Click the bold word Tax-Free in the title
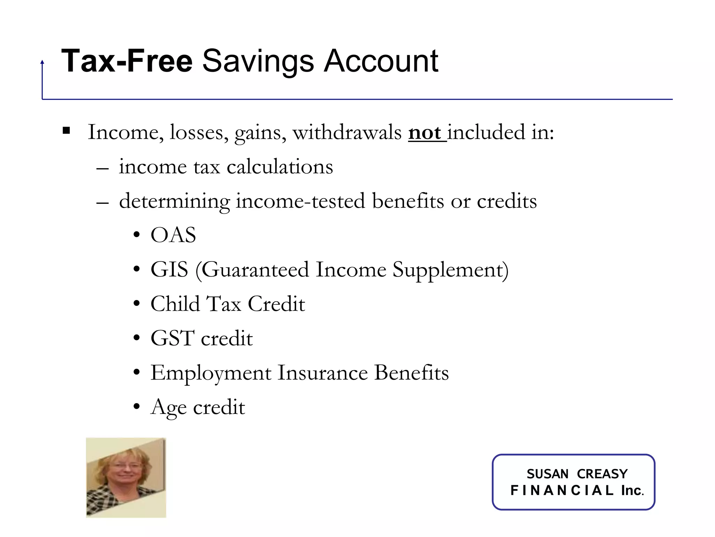click(x=127, y=61)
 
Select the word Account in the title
click(x=381, y=61)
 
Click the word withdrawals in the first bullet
click(x=347, y=133)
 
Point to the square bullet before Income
click(x=66, y=131)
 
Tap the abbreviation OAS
click(x=173, y=235)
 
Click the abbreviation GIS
click(x=169, y=270)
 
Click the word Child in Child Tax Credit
click(x=175, y=303)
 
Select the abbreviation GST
click(x=172, y=338)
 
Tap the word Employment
click(x=211, y=373)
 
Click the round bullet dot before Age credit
click(x=137, y=407)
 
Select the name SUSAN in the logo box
click(x=547, y=474)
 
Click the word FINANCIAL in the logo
click(x=562, y=491)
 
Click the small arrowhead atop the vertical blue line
click(x=42, y=62)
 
